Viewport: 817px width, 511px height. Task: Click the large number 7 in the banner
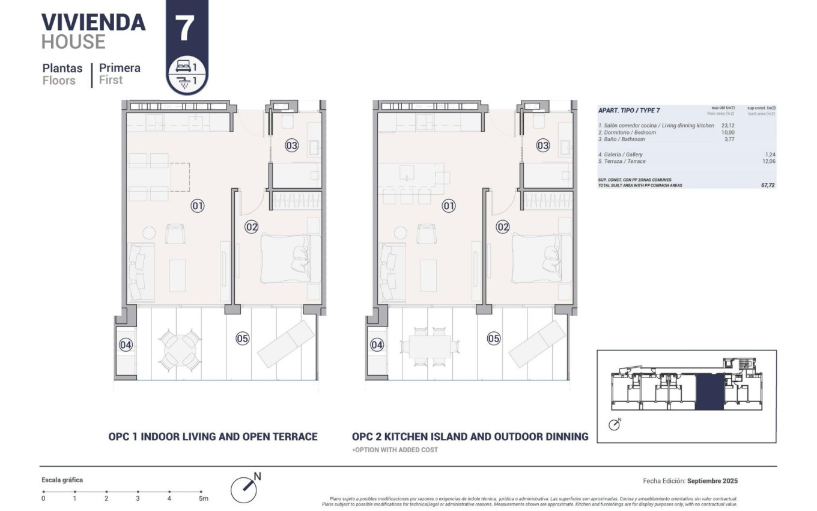(x=185, y=29)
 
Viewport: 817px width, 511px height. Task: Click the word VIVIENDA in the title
(x=93, y=22)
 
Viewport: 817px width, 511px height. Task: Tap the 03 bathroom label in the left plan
(x=291, y=145)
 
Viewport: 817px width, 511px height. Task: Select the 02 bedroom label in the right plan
(x=502, y=227)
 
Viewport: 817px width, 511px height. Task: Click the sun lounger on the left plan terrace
(x=286, y=344)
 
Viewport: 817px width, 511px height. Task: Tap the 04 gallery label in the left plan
(x=125, y=345)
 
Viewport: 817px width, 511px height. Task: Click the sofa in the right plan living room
(x=393, y=271)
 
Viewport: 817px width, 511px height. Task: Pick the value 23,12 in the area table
(x=727, y=126)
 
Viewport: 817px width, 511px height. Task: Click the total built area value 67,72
(x=768, y=185)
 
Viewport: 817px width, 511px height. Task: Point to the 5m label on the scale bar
(x=203, y=498)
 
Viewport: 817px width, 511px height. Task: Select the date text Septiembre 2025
(x=712, y=481)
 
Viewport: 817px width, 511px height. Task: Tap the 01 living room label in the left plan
(x=198, y=206)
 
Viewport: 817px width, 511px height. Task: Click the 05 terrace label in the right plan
(x=493, y=338)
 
